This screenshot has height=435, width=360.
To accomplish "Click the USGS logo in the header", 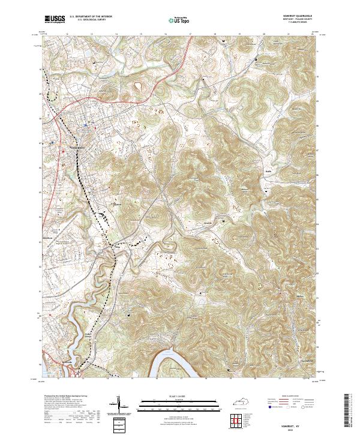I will pyautogui.click(x=55, y=20).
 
